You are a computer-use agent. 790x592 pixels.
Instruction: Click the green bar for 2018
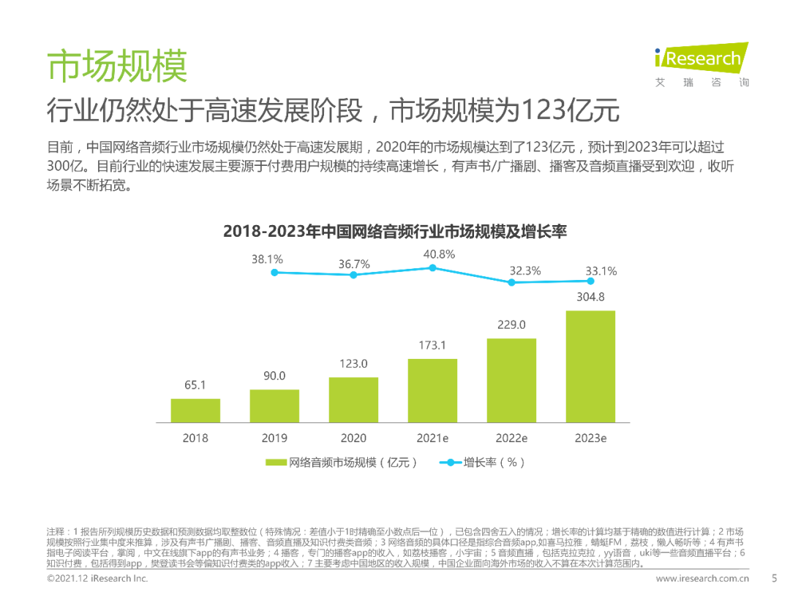point(195,410)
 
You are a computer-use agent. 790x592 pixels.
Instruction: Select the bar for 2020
point(353,400)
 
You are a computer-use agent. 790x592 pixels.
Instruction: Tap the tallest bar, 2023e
point(590,366)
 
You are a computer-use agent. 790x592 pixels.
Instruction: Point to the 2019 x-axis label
point(274,439)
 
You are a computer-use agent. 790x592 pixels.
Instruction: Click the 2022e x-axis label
point(511,439)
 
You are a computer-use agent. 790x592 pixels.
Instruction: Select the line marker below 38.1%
point(274,273)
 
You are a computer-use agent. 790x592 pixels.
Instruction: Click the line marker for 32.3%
point(511,282)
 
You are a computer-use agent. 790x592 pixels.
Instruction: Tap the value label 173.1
point(432,345)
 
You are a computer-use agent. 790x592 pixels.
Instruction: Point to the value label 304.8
point(590,297)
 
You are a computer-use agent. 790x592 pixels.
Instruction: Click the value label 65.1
point(195,384)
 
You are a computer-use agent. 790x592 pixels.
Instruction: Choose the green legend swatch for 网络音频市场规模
point(276,463)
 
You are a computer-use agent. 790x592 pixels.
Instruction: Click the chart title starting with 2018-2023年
point(395,232)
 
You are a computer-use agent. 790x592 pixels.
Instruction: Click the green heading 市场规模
point(117,67)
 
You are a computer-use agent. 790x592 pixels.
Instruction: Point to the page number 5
point(753,578)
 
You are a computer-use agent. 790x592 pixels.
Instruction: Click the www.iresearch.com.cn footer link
point(701,579)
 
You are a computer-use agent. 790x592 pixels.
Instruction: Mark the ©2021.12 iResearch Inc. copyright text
point(97,579)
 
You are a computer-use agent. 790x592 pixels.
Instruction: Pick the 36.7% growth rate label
point(354,264)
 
